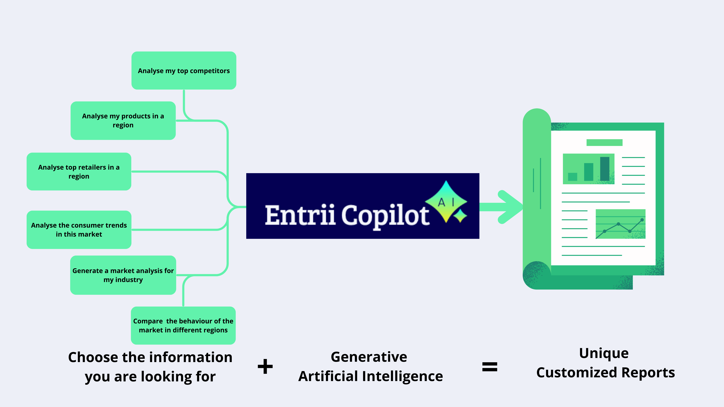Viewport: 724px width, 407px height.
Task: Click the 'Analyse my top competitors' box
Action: [x=184, y=71]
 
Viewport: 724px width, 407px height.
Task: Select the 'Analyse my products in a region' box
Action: [x=123, y=121]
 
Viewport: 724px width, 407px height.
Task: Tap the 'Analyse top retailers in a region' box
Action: [x=79, y=171]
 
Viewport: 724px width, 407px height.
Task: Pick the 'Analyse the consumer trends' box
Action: [x=79, y=230]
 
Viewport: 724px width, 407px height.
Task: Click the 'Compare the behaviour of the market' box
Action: [x=183, y=325]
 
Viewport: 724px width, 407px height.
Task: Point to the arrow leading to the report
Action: [x=503, y=207]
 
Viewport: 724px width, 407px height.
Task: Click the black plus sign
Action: [x=265, y=366]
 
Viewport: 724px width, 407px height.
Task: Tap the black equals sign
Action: [x=490, y=366]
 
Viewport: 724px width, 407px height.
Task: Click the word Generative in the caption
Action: [x=369, y=357]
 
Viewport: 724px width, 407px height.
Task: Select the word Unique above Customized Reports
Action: [x=604, y=353]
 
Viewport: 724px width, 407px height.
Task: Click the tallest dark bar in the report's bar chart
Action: [x=605, y=169]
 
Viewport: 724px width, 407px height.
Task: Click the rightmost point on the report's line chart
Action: [x=642, y=220]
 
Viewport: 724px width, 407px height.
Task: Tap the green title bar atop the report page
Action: [x=604, y=142]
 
